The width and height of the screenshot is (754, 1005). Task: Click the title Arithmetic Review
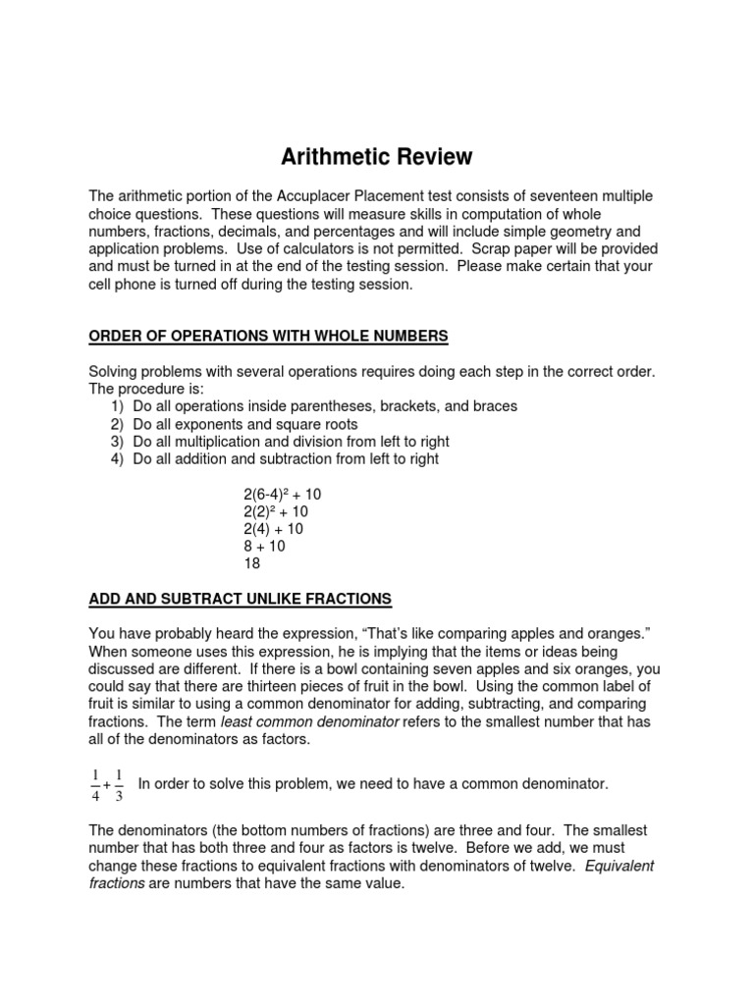pyautogui.click(x=377, y=157)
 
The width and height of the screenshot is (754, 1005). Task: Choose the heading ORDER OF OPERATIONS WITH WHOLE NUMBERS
pyautogui.click(x=268, y=337)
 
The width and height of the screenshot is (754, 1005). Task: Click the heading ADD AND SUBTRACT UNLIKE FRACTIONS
pyautogui.click(x=241, y=599)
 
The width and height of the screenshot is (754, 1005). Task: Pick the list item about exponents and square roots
pyautogui.click(x=244, y=424)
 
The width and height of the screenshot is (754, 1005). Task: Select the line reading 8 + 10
pyautogui.click(x=264, y=547)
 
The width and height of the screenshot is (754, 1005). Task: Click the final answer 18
pyautogui.click(x=252, y=564)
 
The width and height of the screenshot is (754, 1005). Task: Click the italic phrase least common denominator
pyautogui.click(x=309, y=720)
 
